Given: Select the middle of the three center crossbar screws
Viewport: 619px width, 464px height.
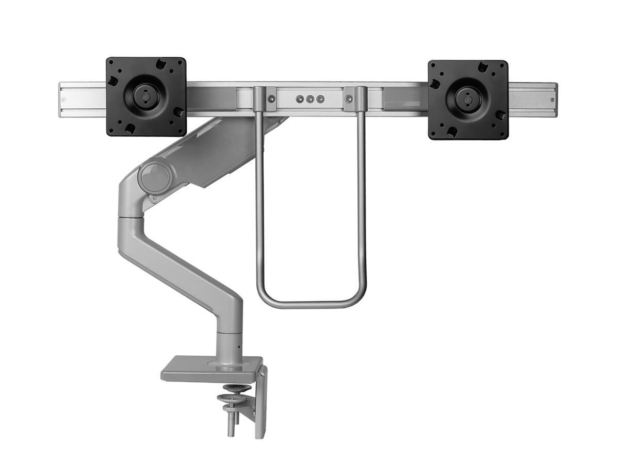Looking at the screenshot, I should pyautogui.click(x=310, y=99).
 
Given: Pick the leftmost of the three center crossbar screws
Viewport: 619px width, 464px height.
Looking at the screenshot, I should pyautogui.click(x=299, y=98).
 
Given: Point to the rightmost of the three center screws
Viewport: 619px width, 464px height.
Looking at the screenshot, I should pyautogui.click(x=320, y=99).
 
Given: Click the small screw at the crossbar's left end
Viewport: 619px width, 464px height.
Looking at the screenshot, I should pyautogui.click(x=63, y=100).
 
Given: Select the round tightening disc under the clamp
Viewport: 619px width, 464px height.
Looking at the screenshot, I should pyautogui.click(x=234, y=399).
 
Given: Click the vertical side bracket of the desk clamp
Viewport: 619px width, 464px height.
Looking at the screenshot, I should pyautogui.click(x=262, y=402).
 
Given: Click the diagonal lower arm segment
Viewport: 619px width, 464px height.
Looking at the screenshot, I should pyautogui.click(x=181, y=268).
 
